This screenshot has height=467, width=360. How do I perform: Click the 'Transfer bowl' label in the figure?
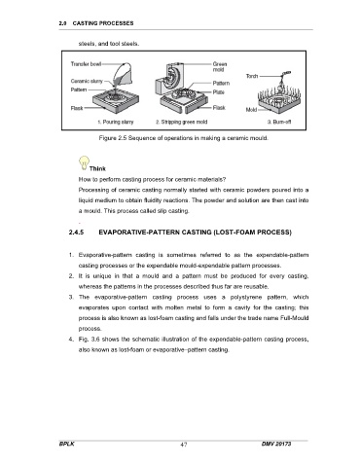[x=86, y=64]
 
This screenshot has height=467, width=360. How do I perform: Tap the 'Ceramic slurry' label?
[x=87, y=81]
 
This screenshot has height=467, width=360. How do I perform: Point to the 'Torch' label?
[x=252, y=76]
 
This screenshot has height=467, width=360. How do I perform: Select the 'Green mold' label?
[x=220, y=67]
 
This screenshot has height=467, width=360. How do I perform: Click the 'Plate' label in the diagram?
[x=219, y=92]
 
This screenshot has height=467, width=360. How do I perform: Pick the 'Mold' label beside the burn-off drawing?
[x=251, y=110]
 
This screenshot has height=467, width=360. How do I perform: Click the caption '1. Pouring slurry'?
[x=116, y=122]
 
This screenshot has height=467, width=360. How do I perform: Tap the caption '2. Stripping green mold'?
[x=181, y=122]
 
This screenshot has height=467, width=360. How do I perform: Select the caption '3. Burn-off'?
[x=279, y=122]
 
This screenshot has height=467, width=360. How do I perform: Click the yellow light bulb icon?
[x=84, y=162]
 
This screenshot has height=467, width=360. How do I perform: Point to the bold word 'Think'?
[x=97, y=168]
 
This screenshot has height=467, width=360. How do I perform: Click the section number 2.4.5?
[x=76, y=233]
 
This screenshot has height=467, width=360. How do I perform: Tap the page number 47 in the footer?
[x=184, y=445]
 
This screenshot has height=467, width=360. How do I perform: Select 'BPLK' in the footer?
[x=67, y=444]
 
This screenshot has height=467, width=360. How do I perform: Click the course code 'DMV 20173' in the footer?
[x=276, y=444]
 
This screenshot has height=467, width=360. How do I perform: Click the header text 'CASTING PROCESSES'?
[x=103, y=23]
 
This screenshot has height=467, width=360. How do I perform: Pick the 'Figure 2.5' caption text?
[x=184, y=138]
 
